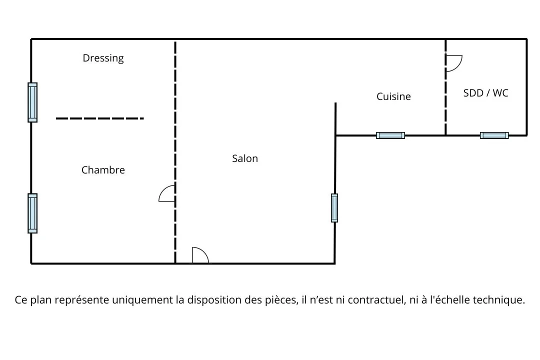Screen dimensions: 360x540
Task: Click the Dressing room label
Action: coord(103,58)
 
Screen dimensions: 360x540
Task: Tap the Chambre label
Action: coord(103,170)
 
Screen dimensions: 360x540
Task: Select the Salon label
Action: coord(245,158)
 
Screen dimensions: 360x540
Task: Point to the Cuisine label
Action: coord(393,96)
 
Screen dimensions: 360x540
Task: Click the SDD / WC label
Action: coord(485,93)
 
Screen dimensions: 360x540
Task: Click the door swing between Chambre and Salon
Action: coord(167,193)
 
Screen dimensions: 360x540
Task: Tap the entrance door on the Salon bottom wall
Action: coord(200,255)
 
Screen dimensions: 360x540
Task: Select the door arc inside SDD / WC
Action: coord(453,63)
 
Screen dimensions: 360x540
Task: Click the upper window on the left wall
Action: coord(32,102)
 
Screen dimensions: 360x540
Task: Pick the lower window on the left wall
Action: coord(32,213)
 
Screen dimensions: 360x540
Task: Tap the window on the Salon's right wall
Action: coord(334,207)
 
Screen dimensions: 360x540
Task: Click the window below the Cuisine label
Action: coord(390,135)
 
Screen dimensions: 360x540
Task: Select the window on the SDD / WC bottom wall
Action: coord(494,135)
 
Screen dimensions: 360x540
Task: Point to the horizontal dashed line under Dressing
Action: coord(99,118)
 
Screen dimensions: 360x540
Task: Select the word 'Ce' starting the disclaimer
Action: coord(21,300)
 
